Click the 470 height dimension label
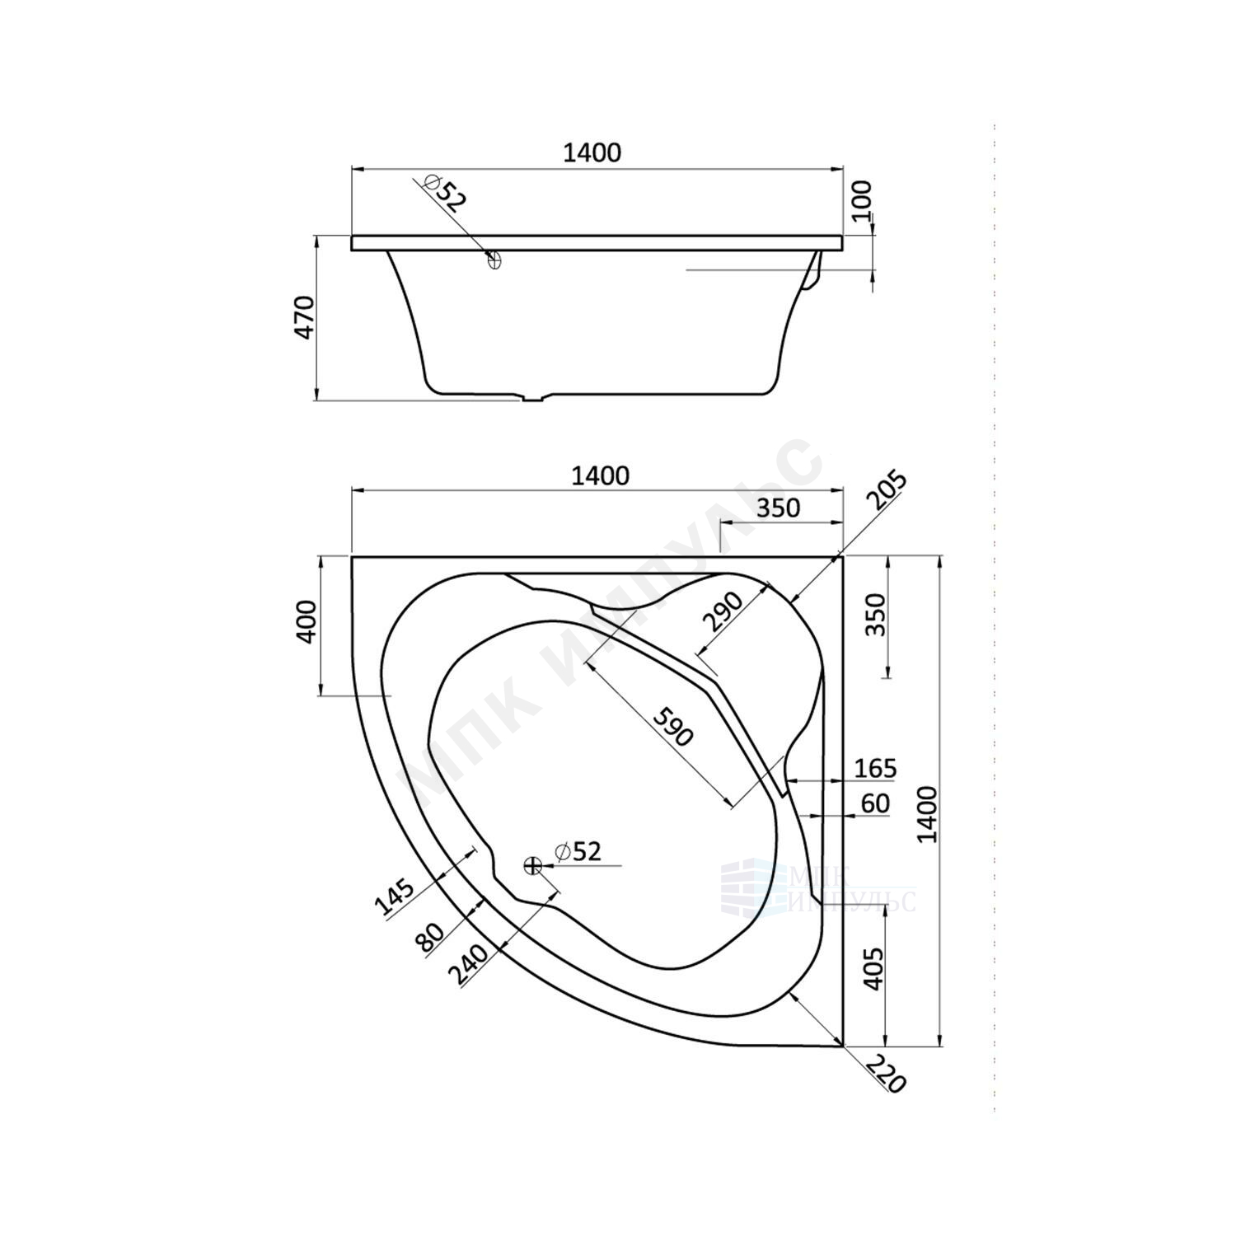point(305,317)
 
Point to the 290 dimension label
point(723,611)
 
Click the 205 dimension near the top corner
point(887,492)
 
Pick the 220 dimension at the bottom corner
point(887,1073)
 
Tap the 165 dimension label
point(874,768)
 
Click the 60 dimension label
point(874,803)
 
